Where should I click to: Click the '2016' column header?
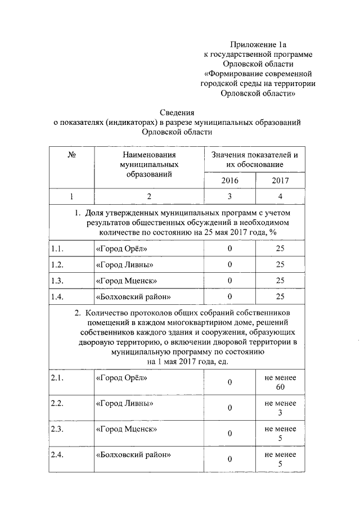coord(229,181)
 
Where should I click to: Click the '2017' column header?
coord(280,181)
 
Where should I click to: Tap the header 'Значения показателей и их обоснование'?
coord(254,160)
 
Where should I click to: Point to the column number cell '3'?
coord(229,196)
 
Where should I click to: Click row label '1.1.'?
coord(57,248)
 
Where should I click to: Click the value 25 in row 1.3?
coord(280,280)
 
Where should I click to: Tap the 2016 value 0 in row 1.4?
coord(229,296)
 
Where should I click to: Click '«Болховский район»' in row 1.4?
coord(133,296)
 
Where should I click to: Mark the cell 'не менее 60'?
coord(280,383)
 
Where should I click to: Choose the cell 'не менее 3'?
coord(280,408)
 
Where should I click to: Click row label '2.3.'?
coord(57,429)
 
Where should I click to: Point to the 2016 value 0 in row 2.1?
coord(229,383)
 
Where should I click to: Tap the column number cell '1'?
coord(71,196)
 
